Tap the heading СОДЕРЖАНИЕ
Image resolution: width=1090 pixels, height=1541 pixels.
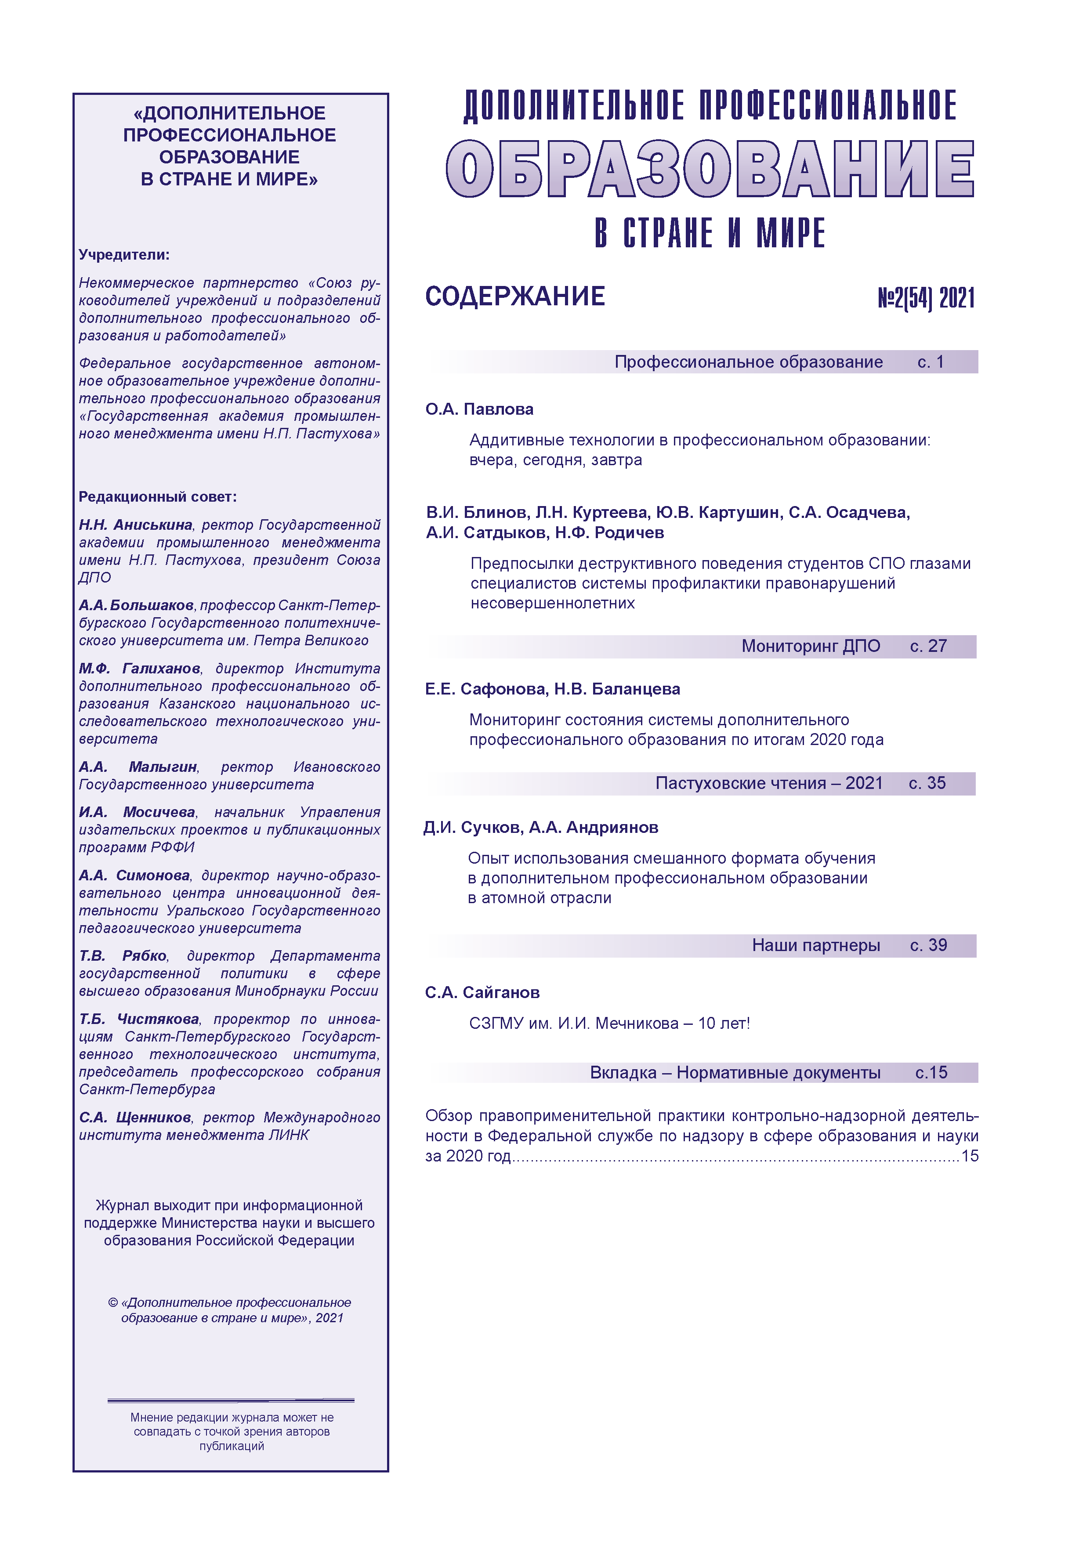click(515, 297)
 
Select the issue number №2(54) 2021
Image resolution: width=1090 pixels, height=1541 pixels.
click(926, 298)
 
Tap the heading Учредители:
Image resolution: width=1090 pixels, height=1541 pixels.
click(124, 255)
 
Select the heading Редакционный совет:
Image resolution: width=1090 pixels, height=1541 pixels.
click(158, 497)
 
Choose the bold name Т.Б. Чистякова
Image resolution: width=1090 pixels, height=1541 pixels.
click(139, 1019)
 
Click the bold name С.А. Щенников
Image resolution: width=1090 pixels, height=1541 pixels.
click(135, 1118)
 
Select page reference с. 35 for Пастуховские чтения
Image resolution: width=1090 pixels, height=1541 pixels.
click(927, 783)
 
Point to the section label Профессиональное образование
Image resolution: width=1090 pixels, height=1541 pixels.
click(748, 362)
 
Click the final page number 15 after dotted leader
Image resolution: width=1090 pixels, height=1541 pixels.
click(970, 1156)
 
